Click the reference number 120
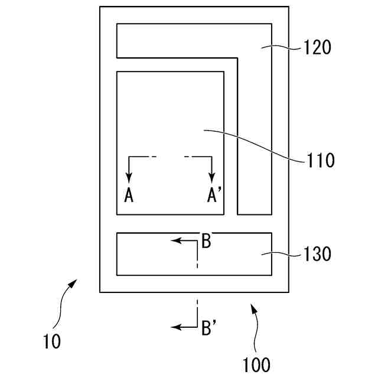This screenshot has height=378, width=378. [317, 47]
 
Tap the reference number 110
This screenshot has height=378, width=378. [320, 159]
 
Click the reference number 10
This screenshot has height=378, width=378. [52, 341]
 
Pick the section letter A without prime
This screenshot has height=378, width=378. [129, 195]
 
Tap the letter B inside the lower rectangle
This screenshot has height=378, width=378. [206, 242]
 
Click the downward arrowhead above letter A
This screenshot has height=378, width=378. [129, 177]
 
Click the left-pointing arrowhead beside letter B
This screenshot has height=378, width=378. [175, 240]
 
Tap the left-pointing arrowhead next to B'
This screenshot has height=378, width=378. [175, 327]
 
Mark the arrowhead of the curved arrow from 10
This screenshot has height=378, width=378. [74, 283]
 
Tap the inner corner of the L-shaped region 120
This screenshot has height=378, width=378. [237, 58]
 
